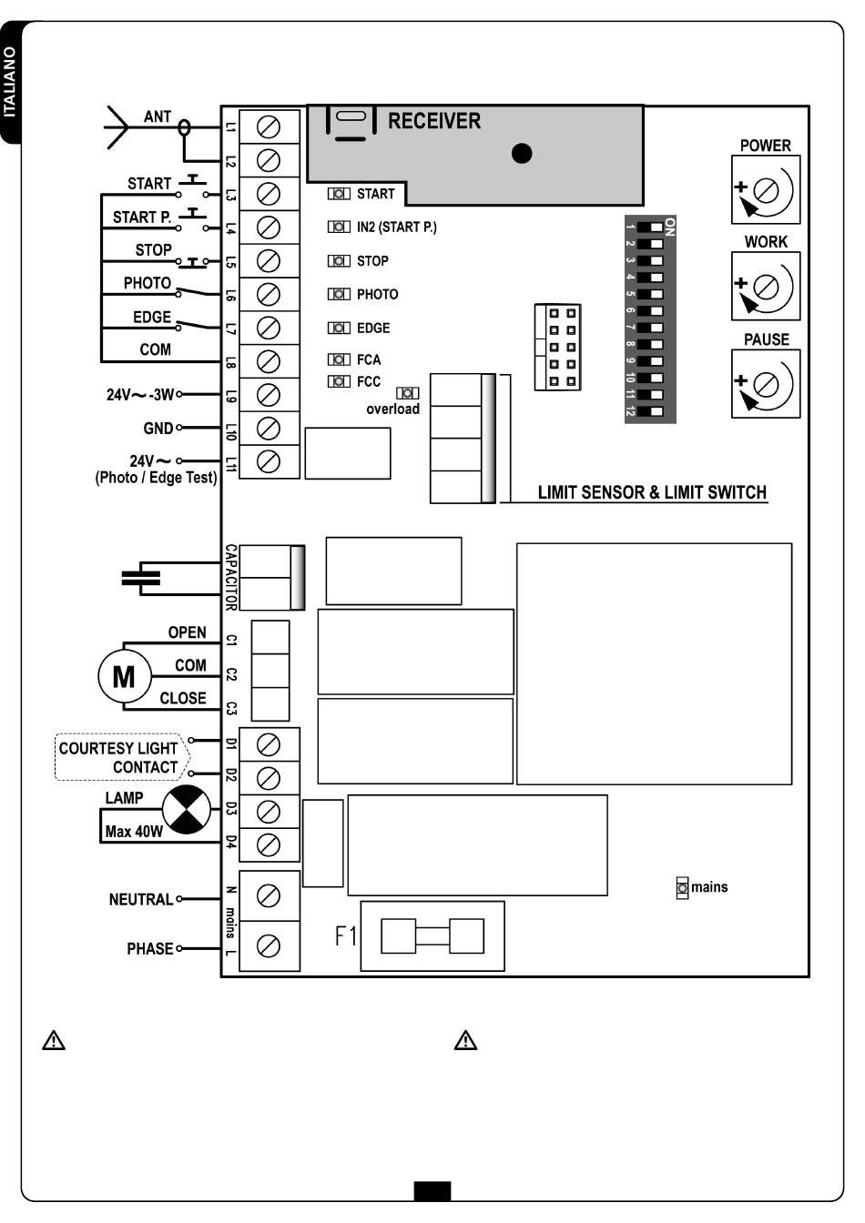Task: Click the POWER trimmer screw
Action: coord(765,190)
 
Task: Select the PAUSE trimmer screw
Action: coord(765,384)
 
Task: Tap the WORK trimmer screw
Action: coord(765,287)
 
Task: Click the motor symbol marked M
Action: coord(124,676)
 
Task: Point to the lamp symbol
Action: coord(187,809)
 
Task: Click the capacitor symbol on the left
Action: coord(141,578)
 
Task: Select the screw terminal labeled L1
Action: coord(269,127)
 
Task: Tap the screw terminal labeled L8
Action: coord(269,361)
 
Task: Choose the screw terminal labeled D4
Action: coord(269,845)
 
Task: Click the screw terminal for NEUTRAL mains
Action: coord(269,896)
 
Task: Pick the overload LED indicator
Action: coord(407,393)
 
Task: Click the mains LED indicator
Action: coord(682,888)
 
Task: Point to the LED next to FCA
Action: coord(339,359)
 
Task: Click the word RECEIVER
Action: coord(434,121)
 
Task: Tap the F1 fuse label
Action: coord(345,936)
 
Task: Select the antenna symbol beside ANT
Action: coord(117,127)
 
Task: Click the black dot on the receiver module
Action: coord(522,154)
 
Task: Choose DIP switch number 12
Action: coord(650,411)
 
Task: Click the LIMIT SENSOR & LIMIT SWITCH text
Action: coord(652,492)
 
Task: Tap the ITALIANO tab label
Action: coord(10,82)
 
